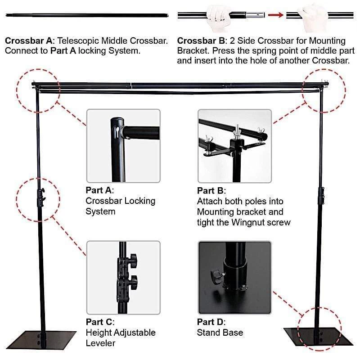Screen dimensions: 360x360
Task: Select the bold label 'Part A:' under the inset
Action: click(100, 190)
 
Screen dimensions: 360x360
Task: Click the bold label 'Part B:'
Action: click(211, 190)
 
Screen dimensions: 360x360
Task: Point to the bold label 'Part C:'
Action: click(100, 322)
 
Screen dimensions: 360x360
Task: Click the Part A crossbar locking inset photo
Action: click(123, 146)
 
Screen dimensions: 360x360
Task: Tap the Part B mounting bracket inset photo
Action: click(234, 146)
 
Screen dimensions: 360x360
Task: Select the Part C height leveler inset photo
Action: click(123, 277)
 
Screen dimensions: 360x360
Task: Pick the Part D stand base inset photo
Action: click(234, 277)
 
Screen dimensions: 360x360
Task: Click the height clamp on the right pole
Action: click(321, 196)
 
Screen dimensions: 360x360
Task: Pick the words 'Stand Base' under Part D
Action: click(220, 333)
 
